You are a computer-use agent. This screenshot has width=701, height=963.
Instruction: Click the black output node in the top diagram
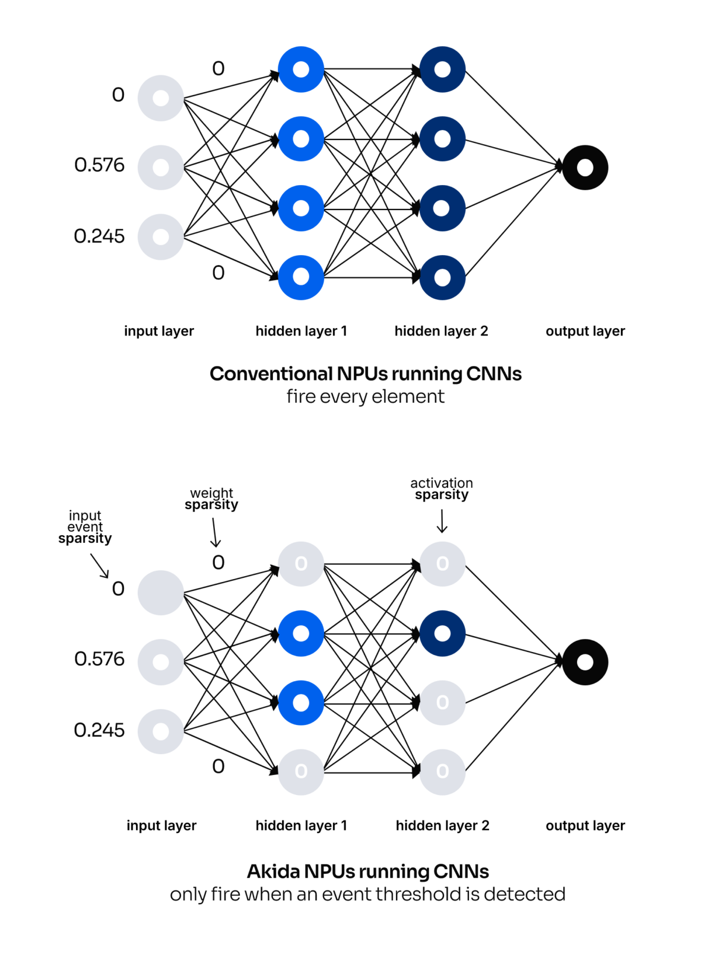[585, 168]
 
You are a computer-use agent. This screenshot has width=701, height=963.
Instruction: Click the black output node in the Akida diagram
[585, 662]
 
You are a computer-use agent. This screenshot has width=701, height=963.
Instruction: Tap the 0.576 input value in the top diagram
[99, 165]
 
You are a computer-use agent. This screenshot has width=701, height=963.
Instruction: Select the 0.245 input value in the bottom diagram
[99, 730]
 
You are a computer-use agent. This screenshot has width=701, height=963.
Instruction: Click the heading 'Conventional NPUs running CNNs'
[366, 374]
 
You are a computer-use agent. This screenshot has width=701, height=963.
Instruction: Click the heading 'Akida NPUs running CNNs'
[367, 871]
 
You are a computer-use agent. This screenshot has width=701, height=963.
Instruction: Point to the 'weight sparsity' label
[211, 499]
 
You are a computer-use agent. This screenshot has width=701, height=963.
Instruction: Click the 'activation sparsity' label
[442, 489]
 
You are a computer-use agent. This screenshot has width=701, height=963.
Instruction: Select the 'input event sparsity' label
[85, 527]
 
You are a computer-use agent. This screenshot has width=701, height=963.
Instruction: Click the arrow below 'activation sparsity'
[442, 521]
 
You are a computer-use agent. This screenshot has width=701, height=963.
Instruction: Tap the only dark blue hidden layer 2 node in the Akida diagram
[442, 633]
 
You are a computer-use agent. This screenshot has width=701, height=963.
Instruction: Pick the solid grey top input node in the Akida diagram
[161, 593]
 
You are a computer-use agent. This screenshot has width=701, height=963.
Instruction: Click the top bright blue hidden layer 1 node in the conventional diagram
[301, 69]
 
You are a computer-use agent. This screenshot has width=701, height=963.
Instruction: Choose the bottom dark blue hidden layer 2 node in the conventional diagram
[442, 278]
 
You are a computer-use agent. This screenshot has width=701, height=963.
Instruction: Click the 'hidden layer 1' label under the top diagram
[301, 331]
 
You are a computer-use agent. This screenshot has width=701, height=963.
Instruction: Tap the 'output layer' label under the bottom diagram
[585, 825]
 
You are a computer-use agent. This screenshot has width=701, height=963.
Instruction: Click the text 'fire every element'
[366, 397]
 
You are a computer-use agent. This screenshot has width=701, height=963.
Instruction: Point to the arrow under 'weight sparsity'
[214, 532]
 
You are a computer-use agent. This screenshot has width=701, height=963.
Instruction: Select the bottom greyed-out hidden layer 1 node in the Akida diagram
[301, 772]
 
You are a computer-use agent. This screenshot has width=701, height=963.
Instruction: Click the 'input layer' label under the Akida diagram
[161, 825]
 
